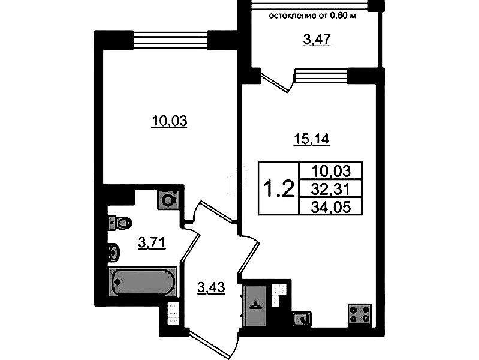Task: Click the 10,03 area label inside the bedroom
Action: pos(170,121)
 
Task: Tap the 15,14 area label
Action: pos(311,139)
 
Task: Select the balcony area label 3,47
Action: pos(317,40)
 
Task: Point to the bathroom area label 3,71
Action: pos(152,243)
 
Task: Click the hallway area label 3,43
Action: pos(212,288)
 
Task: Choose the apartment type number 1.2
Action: pos(279,188)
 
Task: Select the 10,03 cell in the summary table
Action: pos(330,171)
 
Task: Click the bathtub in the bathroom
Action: pos(143,282)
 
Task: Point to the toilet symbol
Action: pos(120,222)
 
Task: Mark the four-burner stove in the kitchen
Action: pos(360,315)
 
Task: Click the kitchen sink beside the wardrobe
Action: pos(302,319)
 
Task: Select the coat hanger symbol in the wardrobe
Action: pos(254,305)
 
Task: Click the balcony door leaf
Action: pos(275,82)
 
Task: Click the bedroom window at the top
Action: pos(170,40)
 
